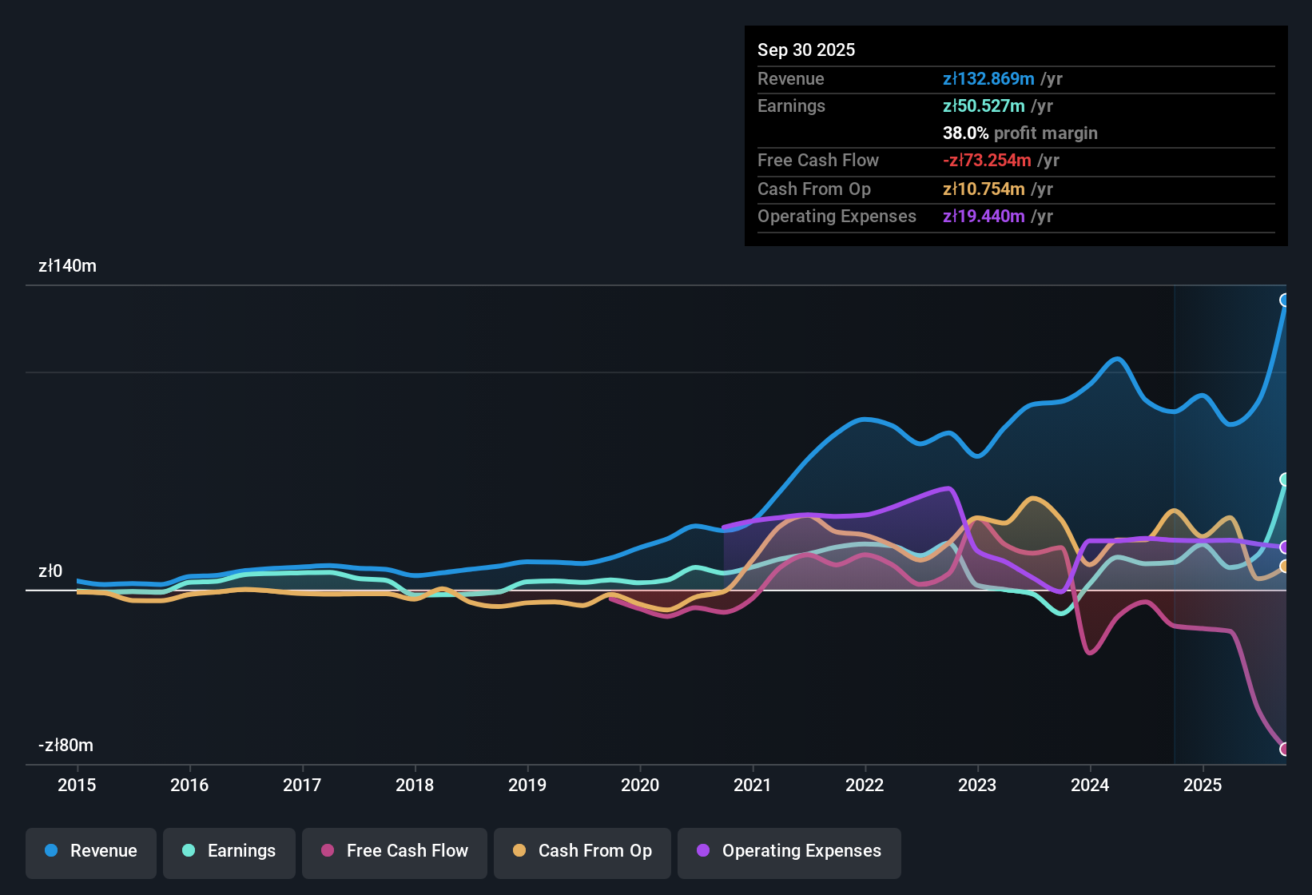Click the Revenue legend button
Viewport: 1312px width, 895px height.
pos(91,851)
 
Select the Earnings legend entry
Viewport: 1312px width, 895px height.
pos(229,851)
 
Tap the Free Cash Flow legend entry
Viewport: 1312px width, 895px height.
pos(395,851)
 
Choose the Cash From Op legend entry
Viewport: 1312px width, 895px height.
pos(582,851)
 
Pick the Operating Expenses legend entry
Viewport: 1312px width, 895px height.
pos(789,851)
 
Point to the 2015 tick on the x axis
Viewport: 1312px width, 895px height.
pos(77,785)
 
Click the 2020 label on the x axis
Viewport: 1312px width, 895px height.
pos(640,785)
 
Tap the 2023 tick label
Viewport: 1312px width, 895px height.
pos(977,785)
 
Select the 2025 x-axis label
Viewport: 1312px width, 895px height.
pos(1203,785)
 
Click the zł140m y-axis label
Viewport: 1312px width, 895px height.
pos(67,266)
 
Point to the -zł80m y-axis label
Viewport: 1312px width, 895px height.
pos(66,746)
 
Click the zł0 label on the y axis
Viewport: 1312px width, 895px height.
pos(50,571)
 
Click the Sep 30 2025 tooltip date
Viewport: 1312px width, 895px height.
pos(805,50)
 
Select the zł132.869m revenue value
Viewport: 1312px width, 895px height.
pos(988,78)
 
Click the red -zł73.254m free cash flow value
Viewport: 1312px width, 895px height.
pos(987,160)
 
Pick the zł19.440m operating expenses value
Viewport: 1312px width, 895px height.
pos(984,216)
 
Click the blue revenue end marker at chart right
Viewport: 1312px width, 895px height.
pos(1285,300)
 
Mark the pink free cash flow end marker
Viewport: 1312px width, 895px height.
pos(1285,749)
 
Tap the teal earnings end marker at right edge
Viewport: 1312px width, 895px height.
pos(1285,479)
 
